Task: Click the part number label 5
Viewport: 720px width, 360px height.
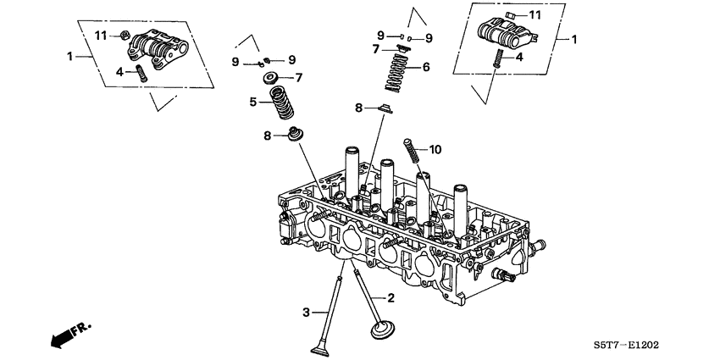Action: click(x=252, y=102)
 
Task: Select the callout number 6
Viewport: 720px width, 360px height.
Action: click(x=426, y=66)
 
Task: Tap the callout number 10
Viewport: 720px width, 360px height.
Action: click(x=435, y=150)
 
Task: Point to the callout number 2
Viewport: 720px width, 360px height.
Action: click(x=390, y=297)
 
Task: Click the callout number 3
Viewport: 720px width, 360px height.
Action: click(x=307, y=313)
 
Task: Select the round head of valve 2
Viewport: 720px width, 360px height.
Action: click(x=384, y=328)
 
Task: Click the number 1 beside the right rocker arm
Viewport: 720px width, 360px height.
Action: click(x=573, y=39)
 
